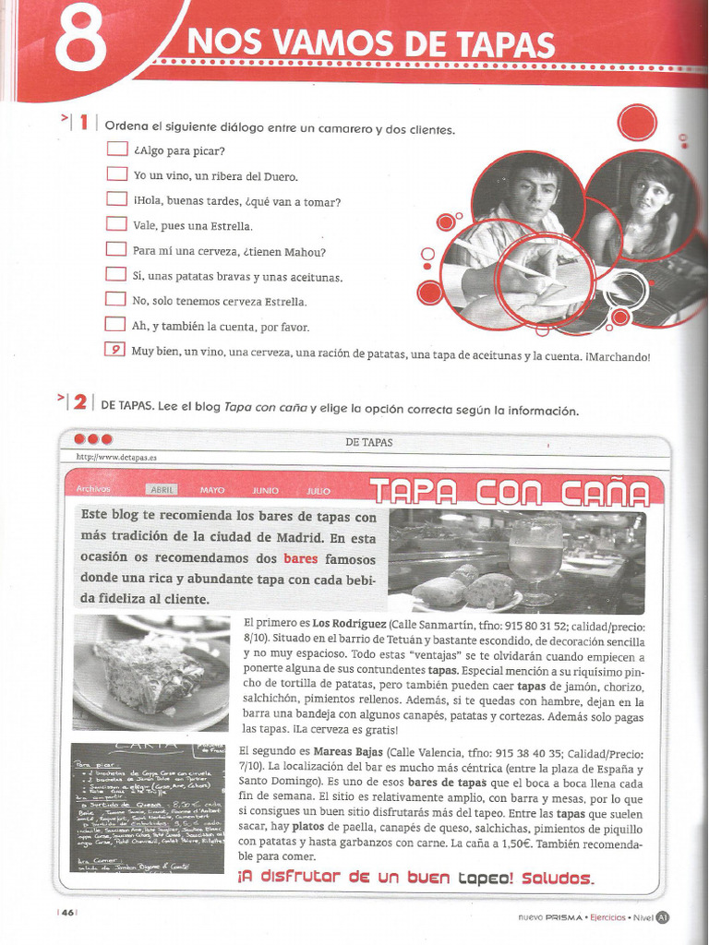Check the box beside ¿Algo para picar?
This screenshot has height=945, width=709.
pyautogui.click(x=116, y=149)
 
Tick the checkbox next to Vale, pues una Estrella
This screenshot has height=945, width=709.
pyautogui.click(x=116, y=223)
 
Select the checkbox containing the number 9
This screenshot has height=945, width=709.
pyautogui.click(x=114, y=349)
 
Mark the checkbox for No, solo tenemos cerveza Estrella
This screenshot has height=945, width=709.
pyautogui.click(x=115, y=299)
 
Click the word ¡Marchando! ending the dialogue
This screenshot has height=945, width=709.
pyautogui.click(x=618, y=355)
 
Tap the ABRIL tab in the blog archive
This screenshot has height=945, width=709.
pyautogui.click(x=162, y=490)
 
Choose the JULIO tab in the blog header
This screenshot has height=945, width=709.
pyautogui.click(x=319, y=491)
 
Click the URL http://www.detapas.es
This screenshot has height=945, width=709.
pyautogui.click(x=116, y=457)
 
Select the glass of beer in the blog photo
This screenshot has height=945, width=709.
pyautogui.click(x=535, y=558)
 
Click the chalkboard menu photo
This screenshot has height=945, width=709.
pyautogui.click(x=147, y=808)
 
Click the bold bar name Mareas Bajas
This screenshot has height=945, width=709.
pyautogui.click(x=347, y=751)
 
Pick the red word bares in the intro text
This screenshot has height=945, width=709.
pyautogui.click(x=300, y=558)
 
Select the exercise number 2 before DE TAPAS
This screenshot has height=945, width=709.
pyautogui.click(x=80, y=402)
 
